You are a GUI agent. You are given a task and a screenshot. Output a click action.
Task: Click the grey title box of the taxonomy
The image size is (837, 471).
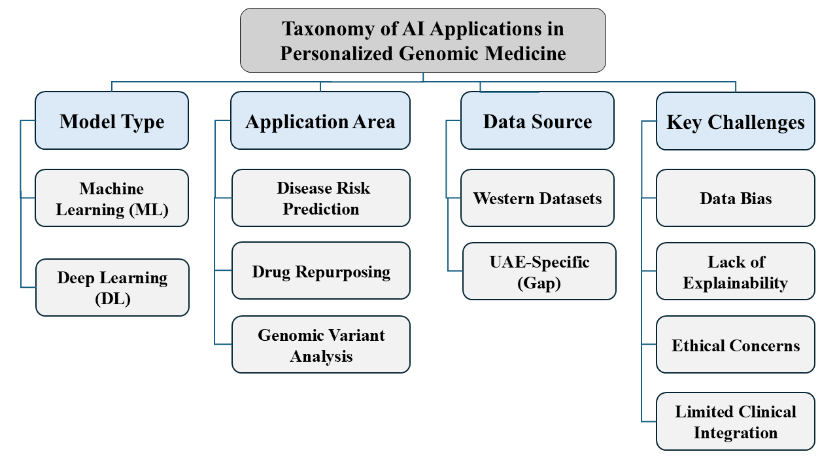coord(423,40)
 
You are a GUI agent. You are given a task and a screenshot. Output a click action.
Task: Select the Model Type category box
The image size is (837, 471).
coord(112,120)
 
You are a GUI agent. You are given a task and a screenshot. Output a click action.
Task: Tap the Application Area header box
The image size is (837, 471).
coord(320,120)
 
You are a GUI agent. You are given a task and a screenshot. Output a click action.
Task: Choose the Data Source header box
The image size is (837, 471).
coord(538,120)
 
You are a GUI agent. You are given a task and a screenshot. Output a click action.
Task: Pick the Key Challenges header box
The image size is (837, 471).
coord(736,121)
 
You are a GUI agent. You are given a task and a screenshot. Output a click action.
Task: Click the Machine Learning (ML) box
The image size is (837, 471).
coord(112,198)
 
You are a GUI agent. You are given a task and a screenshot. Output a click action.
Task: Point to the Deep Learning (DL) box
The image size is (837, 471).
coord(112,287)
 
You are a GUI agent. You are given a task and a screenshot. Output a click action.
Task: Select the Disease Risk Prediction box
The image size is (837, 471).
coord(321,198)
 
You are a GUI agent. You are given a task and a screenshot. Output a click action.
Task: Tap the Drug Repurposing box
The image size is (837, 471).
coord(321,271)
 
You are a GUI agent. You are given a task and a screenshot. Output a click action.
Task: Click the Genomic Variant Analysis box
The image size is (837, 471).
coord(321,345)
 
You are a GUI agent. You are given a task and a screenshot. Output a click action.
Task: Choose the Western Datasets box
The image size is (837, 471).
coord(538,198)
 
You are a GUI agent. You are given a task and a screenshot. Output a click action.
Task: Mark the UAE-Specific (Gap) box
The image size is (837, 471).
coord(539,271)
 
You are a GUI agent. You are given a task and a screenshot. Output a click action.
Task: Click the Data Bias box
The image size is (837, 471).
coord(736,198)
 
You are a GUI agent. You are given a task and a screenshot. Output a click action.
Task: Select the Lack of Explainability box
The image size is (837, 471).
coord(736,271)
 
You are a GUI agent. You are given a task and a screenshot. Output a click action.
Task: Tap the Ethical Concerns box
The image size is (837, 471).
coord(736,345)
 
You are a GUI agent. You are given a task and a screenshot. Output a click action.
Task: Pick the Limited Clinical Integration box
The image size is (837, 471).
coord(736,421)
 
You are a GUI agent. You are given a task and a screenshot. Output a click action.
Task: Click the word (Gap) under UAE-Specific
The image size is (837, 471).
coord(539,283)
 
